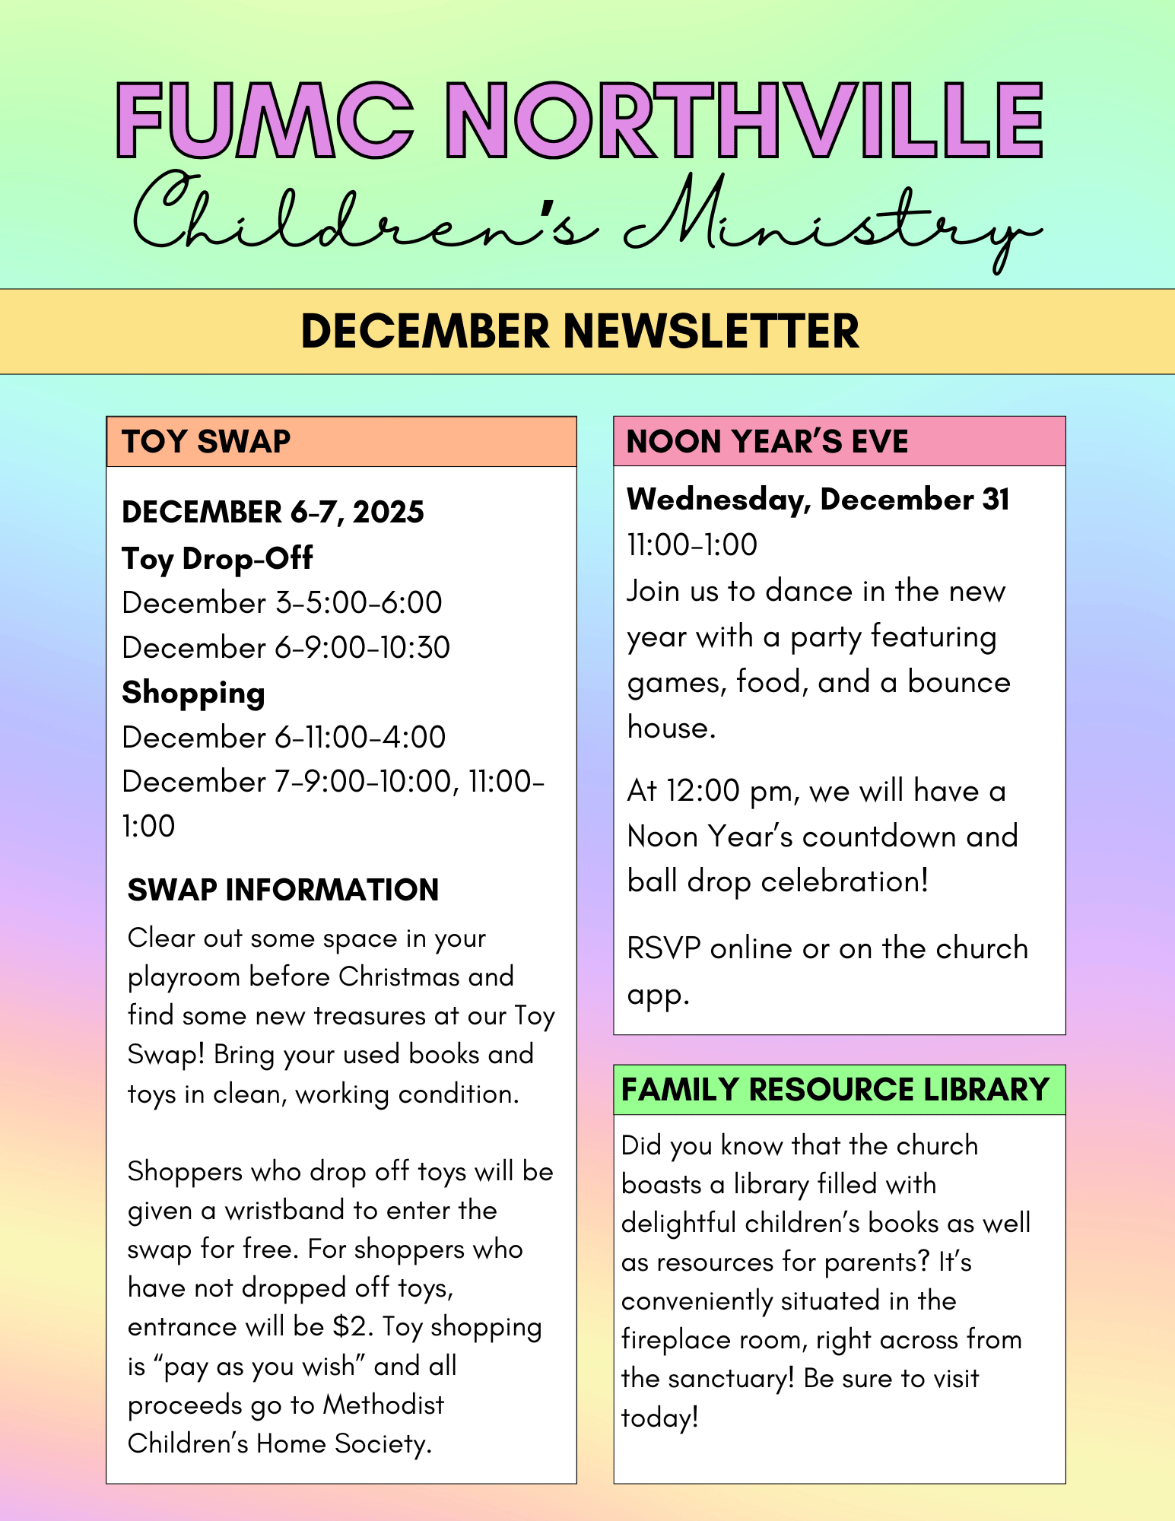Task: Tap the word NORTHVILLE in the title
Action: click(744, 122)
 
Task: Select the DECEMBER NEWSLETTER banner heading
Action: click(580, 332)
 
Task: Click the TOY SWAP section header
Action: click(206, 442)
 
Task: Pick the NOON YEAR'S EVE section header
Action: click(767, 442)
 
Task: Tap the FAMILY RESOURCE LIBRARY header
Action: click(835, 1090)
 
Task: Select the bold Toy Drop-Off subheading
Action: click(217, 558)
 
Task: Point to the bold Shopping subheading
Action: click(193, 693)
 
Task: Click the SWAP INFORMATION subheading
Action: click(283, 890)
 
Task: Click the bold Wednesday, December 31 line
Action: click(818, 500)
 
